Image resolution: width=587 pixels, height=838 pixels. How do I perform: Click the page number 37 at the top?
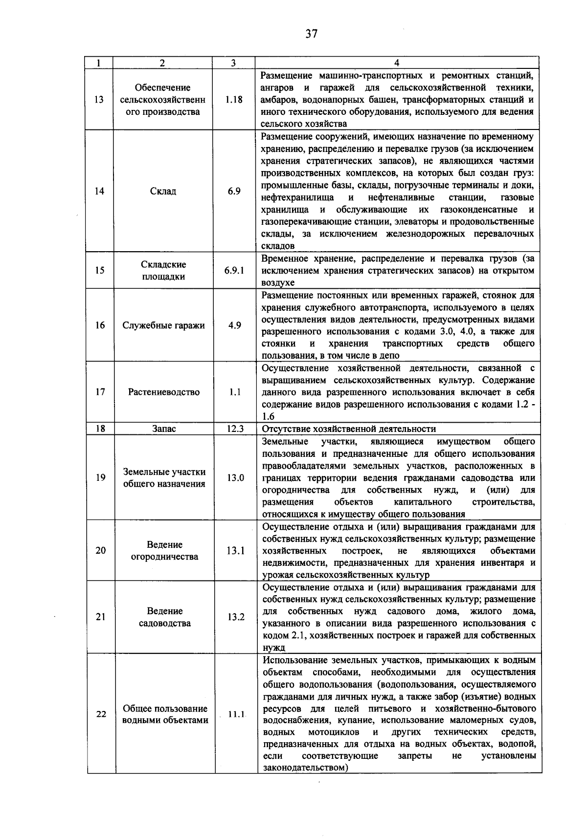tap(312, 34)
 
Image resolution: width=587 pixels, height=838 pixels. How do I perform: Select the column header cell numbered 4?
tap(397, 63)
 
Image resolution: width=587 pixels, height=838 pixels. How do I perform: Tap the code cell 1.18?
tap(234, 100)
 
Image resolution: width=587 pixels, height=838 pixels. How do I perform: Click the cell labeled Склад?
tap(163, 191)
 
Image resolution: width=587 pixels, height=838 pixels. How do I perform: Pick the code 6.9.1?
tap(234, 270)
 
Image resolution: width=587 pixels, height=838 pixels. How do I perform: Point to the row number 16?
tap(100, 325)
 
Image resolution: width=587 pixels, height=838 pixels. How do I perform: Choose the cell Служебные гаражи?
tap(163, 325)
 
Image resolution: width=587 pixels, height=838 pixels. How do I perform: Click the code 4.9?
tap(234, 325)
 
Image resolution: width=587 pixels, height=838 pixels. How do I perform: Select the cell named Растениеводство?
tap(164, 392)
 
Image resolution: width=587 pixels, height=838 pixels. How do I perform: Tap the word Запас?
tap(164, 429)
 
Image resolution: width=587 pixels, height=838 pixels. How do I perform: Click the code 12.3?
tap(235, 429)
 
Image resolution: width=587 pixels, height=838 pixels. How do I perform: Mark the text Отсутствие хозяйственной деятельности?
tap(349, 429)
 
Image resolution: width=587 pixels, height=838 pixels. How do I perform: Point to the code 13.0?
tap(235, 477)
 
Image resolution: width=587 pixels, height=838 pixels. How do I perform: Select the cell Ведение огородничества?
tap(164, 550)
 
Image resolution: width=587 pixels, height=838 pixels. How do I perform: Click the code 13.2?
tap(235, 617)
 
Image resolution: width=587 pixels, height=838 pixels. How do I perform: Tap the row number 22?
tap(101, 714)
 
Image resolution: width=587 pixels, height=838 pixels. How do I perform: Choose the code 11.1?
tap(236, 714)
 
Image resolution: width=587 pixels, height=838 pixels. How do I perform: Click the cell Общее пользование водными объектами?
tap(165, 714)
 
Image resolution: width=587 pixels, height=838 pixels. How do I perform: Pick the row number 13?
tap(99, 100)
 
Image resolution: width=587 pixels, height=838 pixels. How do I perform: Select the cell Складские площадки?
tap(163, 270)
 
